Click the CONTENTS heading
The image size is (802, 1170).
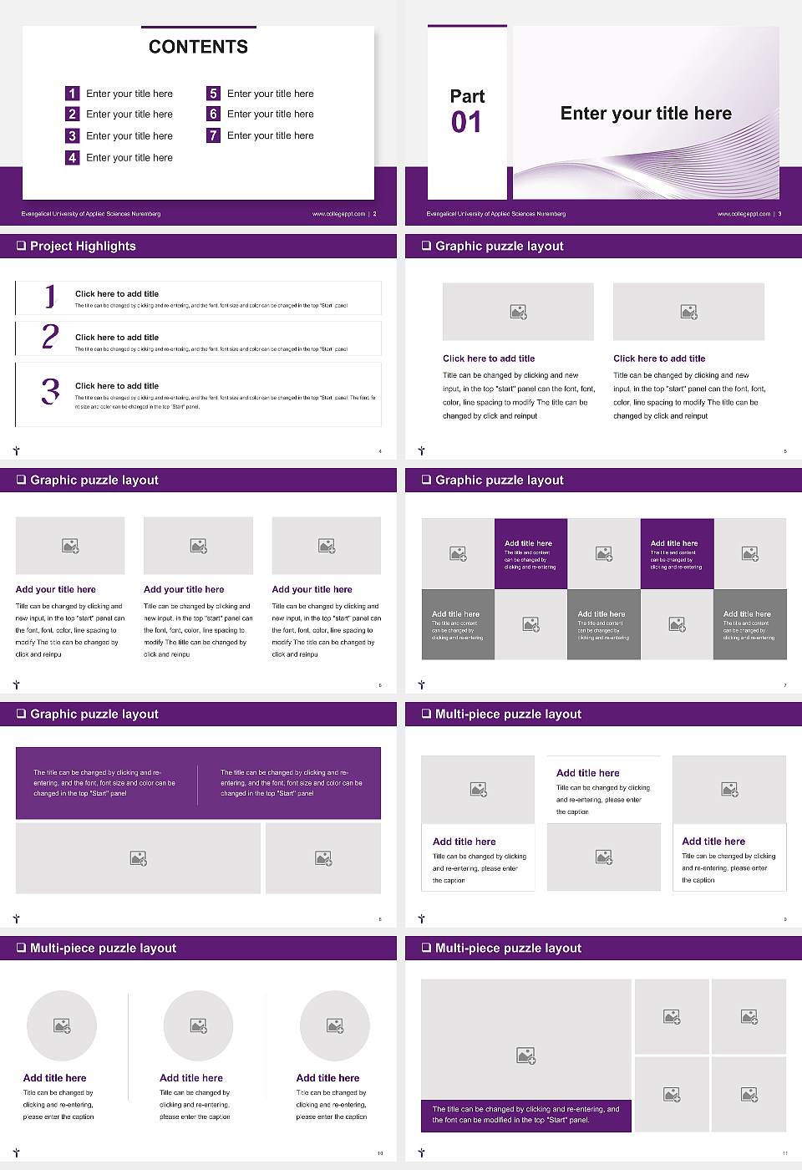tap(198, 47)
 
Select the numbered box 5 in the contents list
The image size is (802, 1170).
tap(213, 94)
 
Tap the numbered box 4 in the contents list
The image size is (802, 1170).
tap(72, 157)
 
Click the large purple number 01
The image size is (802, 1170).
tap(466, 123)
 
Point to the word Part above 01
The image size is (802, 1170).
tap(467, 96)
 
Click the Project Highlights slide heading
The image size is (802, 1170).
tap(83, 246)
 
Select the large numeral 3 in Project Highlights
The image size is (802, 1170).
tap(50, 391)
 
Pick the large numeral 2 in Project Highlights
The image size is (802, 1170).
tap(50, 337)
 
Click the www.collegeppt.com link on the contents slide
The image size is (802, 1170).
tap(338, 214)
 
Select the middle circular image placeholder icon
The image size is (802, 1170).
tap(198, 1025)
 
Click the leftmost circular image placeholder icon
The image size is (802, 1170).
tap(62, 1025)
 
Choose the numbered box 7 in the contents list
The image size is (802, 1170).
tap(213, 135)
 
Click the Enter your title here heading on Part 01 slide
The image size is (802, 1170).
tap(645, 114)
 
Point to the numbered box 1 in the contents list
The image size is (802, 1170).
tap(72, 94)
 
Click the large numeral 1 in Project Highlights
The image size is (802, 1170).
tap(50, 296)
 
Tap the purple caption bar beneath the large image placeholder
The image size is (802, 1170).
tap(525, 1115)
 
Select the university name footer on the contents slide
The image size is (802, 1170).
tap(90, 214)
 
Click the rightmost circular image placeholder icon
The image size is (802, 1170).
tap(334, 1025)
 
